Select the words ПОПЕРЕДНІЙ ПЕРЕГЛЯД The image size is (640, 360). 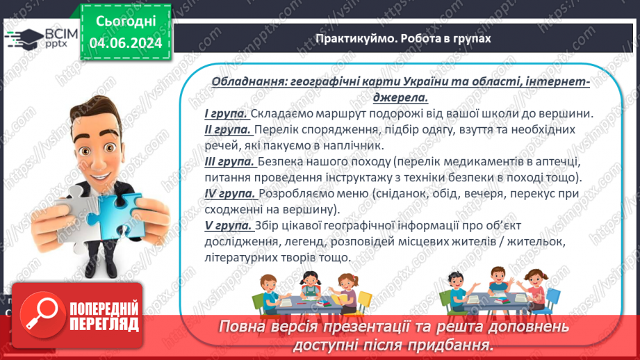click(104, 316)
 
